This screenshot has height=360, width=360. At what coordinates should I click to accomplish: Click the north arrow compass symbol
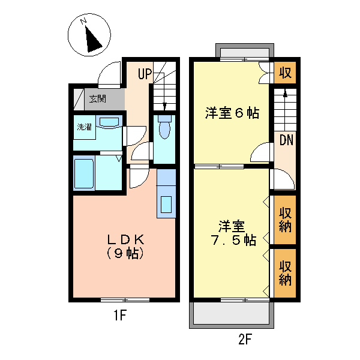coord(89,35)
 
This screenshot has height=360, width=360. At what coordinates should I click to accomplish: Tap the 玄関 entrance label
coord(98,99)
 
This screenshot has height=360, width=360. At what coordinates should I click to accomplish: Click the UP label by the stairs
coord(145,74)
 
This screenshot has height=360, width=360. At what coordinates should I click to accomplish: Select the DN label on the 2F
coord(286,140)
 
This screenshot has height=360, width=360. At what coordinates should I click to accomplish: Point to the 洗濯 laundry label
coord(84,127)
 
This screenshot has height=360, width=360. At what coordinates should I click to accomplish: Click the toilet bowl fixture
coord(164,127)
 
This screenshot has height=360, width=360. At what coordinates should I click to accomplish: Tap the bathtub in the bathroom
coord(84,173)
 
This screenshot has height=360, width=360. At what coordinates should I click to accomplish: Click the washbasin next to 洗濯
coord(109,122)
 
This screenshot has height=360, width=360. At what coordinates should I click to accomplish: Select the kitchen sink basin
coord(166,205)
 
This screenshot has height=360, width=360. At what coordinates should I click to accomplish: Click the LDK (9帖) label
coord(125,247)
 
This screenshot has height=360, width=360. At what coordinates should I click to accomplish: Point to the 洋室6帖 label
coord(232,113)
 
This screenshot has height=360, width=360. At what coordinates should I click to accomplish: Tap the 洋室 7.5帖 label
coord(233,233)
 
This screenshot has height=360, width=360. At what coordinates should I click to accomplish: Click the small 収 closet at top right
coord(285,73)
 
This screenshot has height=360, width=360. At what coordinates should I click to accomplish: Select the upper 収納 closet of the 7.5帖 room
coord(285,220)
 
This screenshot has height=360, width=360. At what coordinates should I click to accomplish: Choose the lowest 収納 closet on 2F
coord(285,273)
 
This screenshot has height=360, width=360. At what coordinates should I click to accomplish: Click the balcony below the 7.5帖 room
coord(232,313)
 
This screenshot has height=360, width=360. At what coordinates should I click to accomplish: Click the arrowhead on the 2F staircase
coord(285,94)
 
